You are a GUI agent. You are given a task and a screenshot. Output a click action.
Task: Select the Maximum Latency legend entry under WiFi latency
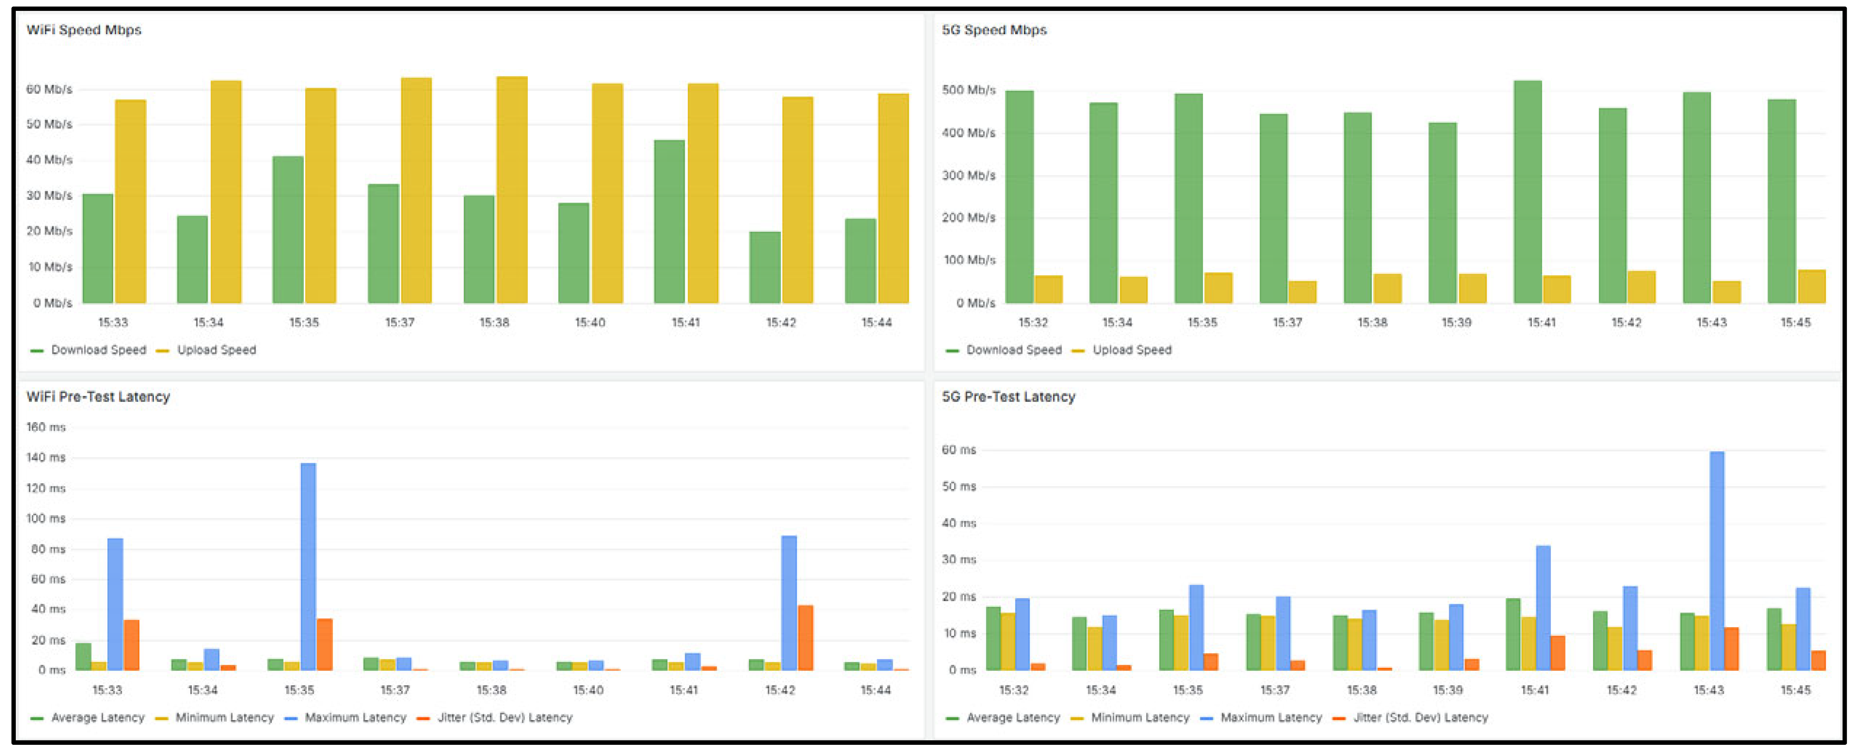tap(355, 718)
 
